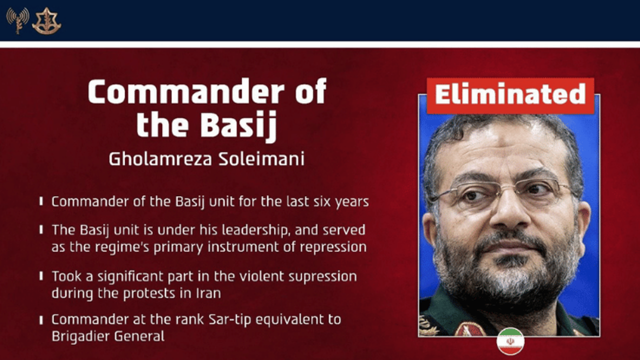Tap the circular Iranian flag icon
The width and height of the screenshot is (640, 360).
tap(510, 341)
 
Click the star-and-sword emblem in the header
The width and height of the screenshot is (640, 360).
tap(46, 20)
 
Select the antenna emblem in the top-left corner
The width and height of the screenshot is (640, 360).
tap(17, 20)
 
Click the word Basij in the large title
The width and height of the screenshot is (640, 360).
tap(238, 125)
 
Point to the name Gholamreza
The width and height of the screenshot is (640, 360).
tap(160, 159)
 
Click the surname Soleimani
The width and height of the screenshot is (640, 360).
tap(261, 159)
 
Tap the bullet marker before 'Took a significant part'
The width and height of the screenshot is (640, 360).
tap(41, 276)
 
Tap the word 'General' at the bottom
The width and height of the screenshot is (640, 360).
tap(139, 336)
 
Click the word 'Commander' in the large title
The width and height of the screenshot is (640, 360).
tap(186, 91)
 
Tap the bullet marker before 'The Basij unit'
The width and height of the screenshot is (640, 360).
tap(41, 229)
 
